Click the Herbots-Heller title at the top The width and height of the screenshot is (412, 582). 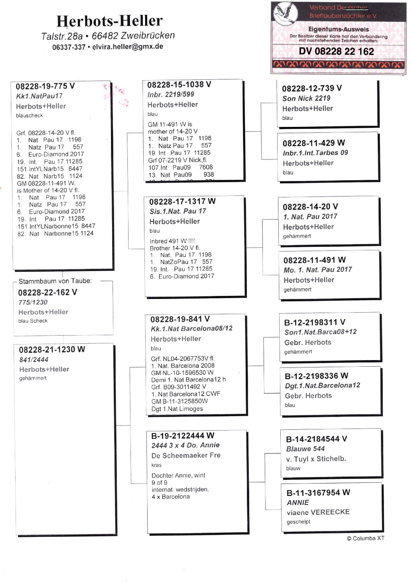pos(109,21)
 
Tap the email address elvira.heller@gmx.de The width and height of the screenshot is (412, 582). pos(128,47)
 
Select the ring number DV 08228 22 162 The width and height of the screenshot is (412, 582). pos(336,51)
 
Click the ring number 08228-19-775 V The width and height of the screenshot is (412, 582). pos(45,86)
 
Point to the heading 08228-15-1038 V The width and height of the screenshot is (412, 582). pos(179,84)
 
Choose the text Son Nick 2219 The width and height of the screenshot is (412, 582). pos(306,98)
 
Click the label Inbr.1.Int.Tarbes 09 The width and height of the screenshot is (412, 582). pos(315,153)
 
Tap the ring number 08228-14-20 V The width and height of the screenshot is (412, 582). pos(310,207)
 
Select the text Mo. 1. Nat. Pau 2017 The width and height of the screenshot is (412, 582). pos(317,269)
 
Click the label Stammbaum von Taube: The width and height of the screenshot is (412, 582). pos(55,281)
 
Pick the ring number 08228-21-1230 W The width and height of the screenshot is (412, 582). pos(52,350)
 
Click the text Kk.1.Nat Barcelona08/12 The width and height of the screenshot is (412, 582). pos(191,329)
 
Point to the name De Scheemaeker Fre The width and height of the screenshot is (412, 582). pos(186,455)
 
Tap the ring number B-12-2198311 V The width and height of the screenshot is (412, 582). pos(315,322)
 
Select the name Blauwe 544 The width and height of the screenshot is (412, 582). pos(305,449)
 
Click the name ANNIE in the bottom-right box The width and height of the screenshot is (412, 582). pos(298,503)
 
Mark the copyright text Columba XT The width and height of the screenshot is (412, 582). pos(366,538)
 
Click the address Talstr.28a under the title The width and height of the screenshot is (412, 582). pos(62,37)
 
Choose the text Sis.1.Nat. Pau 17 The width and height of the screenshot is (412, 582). pos(178,211)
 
